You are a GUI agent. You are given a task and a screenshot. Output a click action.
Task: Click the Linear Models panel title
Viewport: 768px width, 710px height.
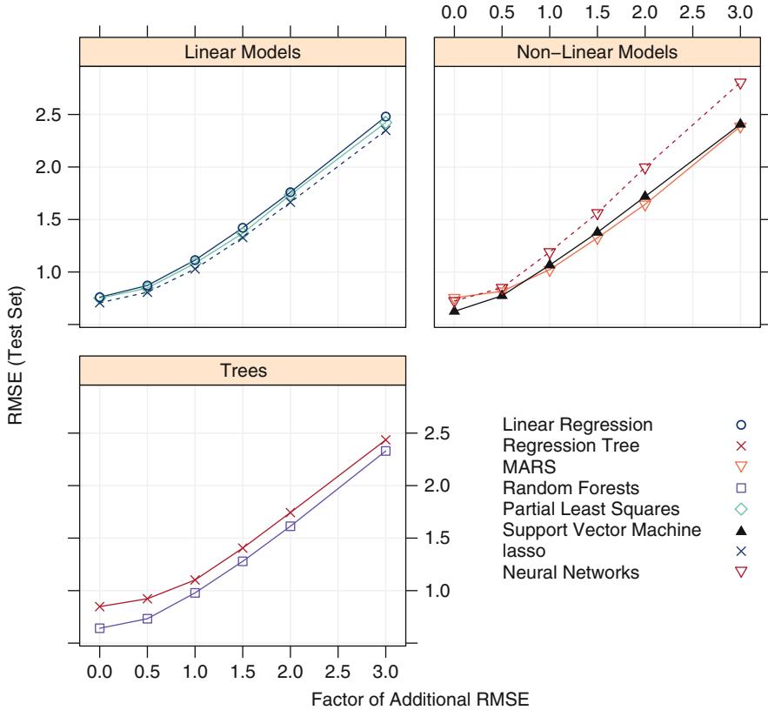[x=243, y=52]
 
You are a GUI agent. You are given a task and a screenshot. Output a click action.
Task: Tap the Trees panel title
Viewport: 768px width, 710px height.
[x=243, y=371]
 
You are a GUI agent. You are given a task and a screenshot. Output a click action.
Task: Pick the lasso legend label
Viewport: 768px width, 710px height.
[x=521, y=551]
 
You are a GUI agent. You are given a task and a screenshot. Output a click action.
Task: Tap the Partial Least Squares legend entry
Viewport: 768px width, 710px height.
[x=591, y=509]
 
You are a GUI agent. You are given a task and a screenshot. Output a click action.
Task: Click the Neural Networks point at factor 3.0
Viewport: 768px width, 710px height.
[x=740, y=84]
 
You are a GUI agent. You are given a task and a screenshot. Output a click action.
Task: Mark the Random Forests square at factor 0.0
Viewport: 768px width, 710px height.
[x=100, y=627]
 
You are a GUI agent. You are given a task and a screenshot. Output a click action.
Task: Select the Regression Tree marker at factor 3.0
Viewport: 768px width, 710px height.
[x=386, y=439]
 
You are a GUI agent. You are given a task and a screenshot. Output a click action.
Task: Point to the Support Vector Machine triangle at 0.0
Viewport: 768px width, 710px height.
[x=454, y=309]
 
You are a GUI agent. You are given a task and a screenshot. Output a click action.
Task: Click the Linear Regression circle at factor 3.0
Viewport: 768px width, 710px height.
[x=386, y=117]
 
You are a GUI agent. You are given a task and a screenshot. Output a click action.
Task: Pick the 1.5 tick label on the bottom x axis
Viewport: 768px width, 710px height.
[x=243, y=671]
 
